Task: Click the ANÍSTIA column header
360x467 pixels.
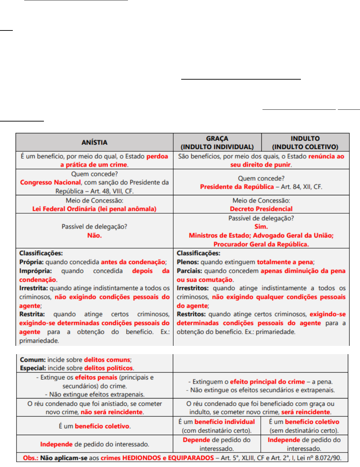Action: point(94,142)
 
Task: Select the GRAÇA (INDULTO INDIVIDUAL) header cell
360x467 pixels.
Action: point(217,143)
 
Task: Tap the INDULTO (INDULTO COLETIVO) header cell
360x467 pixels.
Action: point(305,143)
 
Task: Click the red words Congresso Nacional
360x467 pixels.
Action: point(50,182)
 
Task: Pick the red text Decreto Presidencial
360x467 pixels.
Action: point(261,209)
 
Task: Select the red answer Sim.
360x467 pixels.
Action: point(261,227)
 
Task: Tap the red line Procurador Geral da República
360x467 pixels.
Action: point(261,244)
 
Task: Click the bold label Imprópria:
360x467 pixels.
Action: point(36,271)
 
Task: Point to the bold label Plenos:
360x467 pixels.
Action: point(188,262)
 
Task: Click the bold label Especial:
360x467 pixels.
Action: point(33,368)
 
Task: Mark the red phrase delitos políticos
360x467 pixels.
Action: point(109,368)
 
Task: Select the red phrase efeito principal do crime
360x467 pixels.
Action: point(267,382)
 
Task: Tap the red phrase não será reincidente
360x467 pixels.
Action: point(112,412)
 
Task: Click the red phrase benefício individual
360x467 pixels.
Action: point(224,422)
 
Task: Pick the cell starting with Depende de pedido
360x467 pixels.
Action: point(216,444)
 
